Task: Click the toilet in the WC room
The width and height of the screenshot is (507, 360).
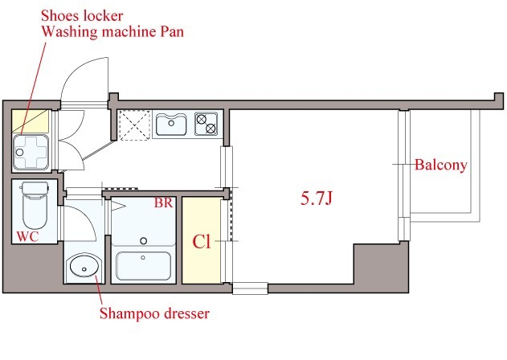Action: coord(35,205)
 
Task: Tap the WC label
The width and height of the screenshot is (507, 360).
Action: coord(27,236)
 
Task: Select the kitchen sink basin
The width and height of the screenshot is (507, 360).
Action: coord(171,125)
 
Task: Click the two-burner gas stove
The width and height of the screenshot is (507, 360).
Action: coord(206,124)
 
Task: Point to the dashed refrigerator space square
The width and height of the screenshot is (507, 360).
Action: coord(134,125)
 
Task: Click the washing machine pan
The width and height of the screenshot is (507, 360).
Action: coord(31,153)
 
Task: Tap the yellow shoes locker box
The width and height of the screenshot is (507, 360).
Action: coord(30,121)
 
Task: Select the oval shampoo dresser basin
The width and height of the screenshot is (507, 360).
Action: coord(84,266)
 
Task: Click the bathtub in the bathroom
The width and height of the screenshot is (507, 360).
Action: coord(143,265)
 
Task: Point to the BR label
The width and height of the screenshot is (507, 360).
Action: coord(163,202)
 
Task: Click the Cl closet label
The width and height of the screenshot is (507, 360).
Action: coord(202,242)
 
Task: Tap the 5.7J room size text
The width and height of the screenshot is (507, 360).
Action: coord(317,198)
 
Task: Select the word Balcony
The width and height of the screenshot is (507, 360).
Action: coord(441,165)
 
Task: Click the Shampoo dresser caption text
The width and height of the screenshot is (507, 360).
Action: coord(154,313)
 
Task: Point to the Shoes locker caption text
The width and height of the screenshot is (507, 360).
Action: coord(82,15)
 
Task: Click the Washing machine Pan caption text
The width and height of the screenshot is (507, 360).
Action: coord(112,31)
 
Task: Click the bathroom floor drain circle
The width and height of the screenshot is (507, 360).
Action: coord(144,240)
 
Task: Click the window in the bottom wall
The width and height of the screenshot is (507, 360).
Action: coord(250,288)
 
